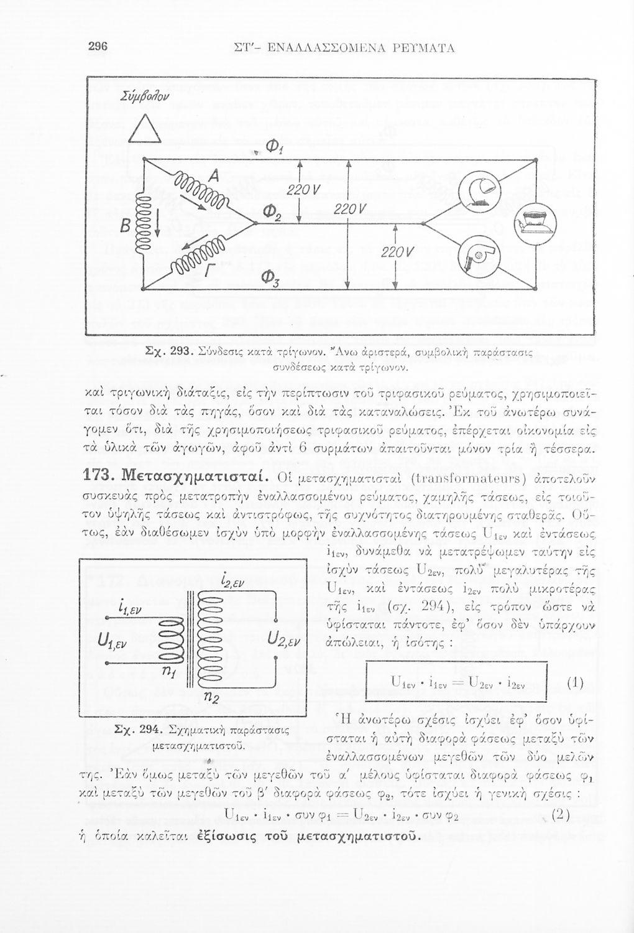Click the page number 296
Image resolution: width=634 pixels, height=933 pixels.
coord(98,45)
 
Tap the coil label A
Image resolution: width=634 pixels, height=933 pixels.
coord(213,177)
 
